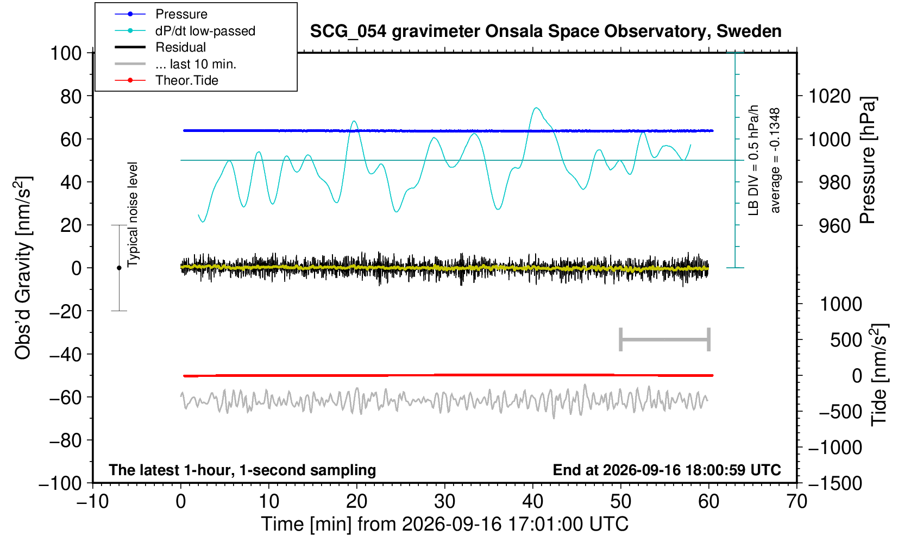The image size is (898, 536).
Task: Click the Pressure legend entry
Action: pos(161,14)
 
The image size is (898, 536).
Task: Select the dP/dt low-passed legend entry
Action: pos(185,31)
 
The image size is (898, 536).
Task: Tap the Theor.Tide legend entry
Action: pos(166,80)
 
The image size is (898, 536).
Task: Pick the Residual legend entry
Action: pos(160,47)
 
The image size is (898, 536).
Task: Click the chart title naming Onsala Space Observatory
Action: pos(545,31)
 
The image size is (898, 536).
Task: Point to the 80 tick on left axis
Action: pos(71,96)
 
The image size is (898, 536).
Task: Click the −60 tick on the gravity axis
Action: pos(65,398)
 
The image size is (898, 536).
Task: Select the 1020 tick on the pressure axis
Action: pos(830,96)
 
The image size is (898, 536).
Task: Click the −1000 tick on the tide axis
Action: pos(835,447)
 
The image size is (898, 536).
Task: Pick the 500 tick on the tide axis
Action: pos(846,340)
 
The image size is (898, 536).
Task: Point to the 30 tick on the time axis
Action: pos(444,502)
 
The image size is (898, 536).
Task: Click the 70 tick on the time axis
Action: pos(796,502)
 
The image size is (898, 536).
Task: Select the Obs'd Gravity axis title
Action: pos(23,268)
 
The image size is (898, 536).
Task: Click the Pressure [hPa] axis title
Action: pos(868,160)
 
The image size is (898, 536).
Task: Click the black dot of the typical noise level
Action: pos(119,268)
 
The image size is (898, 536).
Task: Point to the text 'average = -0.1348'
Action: pos(775,160)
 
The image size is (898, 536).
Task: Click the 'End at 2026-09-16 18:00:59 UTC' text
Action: pos(667,470)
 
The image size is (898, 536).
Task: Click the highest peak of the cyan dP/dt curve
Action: pos(536,108)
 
